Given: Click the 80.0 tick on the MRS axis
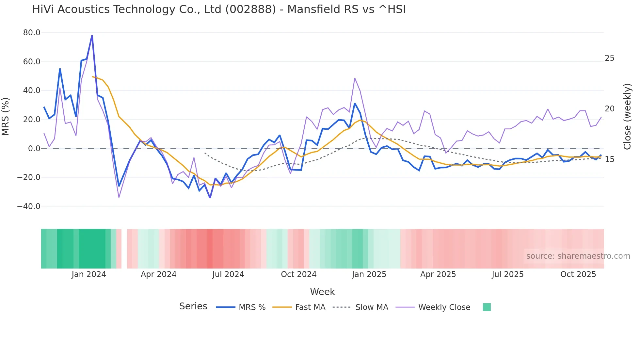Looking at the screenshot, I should (32, 33).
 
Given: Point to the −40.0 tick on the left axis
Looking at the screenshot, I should (29, 206).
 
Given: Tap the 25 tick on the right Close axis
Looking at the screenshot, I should (609, 58).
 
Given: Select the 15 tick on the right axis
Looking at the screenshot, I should (609, 159).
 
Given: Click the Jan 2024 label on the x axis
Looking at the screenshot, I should (89, 274).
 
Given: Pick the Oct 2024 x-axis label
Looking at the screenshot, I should (298, 274).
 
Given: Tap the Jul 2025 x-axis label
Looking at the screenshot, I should (507, 274).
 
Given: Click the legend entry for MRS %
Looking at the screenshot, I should (252, 307).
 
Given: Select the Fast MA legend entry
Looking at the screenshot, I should (310, 307).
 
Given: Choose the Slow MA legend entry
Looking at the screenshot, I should (372, 307).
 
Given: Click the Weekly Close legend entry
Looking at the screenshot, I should (444, 307).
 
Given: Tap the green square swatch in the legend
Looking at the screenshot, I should (487, 307).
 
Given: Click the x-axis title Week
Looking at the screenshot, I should (322, 292).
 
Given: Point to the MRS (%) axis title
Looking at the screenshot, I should (6, 116).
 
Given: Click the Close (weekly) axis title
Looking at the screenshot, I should (627, 116).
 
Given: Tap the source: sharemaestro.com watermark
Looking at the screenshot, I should (578, 256).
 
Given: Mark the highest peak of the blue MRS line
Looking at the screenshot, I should (92, 35).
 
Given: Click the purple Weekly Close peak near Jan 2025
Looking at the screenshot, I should (355, 78).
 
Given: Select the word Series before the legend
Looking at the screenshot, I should (193, 306).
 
